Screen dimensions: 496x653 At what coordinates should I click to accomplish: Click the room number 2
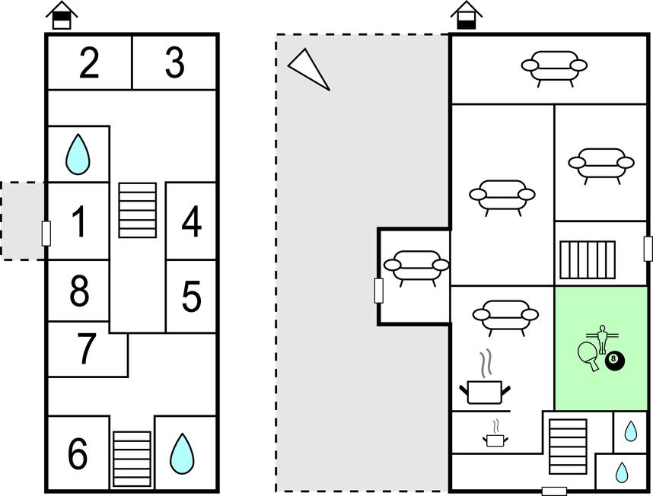coord(89,63)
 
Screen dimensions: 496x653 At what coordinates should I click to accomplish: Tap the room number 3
coord(174,63)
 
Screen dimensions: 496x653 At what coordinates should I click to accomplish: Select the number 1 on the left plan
coord(79,222)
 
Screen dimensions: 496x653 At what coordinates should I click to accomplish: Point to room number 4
coord(192,222)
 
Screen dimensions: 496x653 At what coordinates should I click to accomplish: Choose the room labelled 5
coord(191,297)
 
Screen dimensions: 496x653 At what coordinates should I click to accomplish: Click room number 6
coord(78,454)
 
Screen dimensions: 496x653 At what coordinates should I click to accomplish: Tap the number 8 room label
coord(79,291)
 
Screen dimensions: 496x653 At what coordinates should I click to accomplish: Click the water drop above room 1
coord(78,154)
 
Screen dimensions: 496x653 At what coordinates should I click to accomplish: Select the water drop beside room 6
coord(181,453)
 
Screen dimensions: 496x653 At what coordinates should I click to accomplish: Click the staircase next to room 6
coord(132,459)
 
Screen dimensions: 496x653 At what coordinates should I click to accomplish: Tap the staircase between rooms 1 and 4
coord(138,210)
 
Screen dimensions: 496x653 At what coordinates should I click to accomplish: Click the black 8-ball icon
coord(614,361)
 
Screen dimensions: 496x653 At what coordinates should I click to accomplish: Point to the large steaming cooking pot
coord(484,386)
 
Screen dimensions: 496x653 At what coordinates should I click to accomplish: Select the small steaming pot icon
coord(495,434)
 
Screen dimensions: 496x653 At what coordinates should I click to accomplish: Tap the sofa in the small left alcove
coord(416,267)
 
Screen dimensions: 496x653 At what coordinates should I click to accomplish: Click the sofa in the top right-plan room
coord(554,67)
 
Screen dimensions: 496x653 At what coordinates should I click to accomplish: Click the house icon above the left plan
coord(62,16)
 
